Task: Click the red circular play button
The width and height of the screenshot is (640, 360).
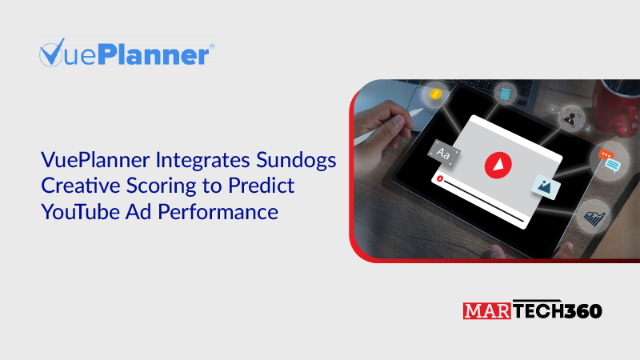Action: coord(497,164)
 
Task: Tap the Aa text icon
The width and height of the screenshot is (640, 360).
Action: coord(444,152)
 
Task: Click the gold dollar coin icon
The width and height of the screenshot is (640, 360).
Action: coord(435,94)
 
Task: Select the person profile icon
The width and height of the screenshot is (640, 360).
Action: coord(570,118)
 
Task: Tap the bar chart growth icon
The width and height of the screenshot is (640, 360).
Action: coord(594,216)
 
